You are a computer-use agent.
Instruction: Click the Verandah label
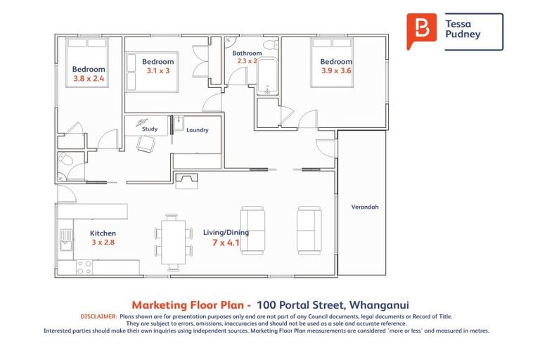(365, 207)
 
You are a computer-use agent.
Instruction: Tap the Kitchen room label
(103, 233)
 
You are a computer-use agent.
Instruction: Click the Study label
(150, 129)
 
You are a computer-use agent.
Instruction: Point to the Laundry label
(197, 130)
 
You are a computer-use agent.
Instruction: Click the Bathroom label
(247, 53)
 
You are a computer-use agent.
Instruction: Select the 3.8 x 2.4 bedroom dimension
(89, 79)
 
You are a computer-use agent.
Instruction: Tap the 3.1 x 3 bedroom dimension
(158, 71)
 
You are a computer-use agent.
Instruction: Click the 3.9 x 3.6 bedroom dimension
(336, 70)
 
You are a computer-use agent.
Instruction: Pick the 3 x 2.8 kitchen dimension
(103, 243)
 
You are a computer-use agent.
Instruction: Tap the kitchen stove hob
(84, 267)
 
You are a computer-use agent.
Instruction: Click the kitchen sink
(65, 240)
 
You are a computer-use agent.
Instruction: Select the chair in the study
(146, 144)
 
